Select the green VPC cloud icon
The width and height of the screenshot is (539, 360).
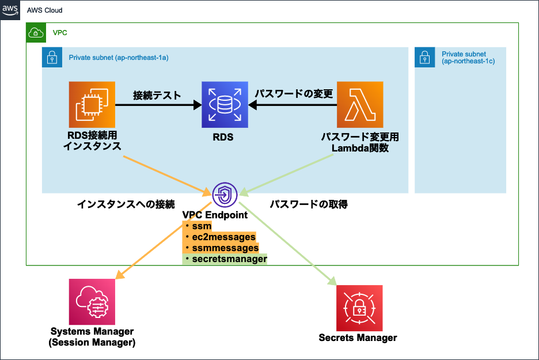[36, 33]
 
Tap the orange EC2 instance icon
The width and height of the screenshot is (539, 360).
[92, 104]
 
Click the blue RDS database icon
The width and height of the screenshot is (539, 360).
[225, 104]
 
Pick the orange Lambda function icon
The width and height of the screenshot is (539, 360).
[360, 104]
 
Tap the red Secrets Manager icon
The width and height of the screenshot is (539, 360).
[359, 308]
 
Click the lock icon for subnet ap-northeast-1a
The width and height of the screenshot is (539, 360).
[52, 58]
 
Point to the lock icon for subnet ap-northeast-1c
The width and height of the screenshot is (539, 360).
[424, 58]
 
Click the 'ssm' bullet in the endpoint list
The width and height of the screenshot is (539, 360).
[202, 226]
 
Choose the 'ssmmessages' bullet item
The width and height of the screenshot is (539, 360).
[225, 248]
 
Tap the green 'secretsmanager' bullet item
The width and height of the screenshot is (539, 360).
[229, 259]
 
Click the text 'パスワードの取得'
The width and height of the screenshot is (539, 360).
[309, 204]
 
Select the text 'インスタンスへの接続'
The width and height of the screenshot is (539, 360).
[126, 204]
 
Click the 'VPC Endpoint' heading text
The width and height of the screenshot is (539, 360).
[215, 215]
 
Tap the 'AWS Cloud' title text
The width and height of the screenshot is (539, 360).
[45, 10]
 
